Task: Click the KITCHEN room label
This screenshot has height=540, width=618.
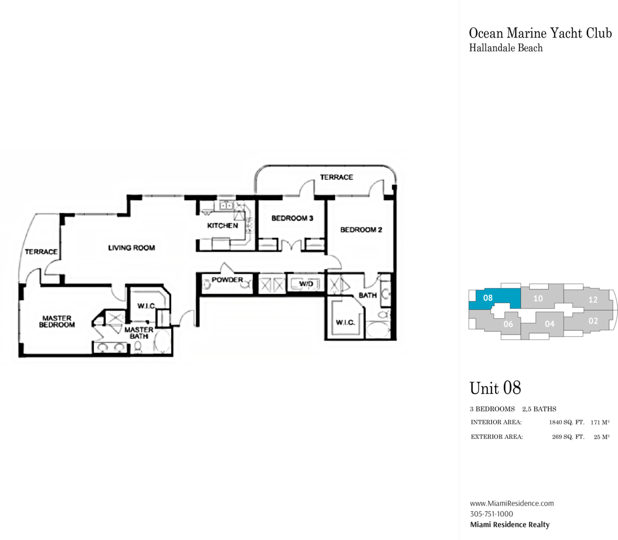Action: pos(223,226)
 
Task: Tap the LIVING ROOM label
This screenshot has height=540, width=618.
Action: pos(132,248)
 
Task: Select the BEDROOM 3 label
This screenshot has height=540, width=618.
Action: pos(292,218)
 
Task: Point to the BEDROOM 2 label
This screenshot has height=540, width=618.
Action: pos(361,229)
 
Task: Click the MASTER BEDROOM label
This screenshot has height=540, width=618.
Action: pos(57,321)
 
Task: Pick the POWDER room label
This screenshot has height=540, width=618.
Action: pos(227,280)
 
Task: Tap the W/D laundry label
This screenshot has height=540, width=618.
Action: pos(306,284)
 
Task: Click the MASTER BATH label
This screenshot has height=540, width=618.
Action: pos(139,332)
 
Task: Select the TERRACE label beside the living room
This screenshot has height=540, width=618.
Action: pos(41,251)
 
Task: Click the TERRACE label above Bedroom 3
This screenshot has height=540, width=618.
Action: pos(336,177)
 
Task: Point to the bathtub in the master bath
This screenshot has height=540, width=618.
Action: pos(162,341)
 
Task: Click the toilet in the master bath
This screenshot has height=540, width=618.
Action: pos(138,347)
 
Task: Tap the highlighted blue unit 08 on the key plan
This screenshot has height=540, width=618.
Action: pos(495,299)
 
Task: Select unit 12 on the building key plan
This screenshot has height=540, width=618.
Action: pos(593,300)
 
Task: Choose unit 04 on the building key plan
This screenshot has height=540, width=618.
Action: pos(549,323)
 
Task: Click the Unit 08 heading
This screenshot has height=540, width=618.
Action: pos(495,388)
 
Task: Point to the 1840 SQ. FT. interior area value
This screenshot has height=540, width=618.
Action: pos(567,422)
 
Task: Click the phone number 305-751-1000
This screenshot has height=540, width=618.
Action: pos(491,514)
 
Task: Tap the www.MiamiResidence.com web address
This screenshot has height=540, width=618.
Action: pos(512,503)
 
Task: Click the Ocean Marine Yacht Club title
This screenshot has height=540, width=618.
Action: pos(540,33)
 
